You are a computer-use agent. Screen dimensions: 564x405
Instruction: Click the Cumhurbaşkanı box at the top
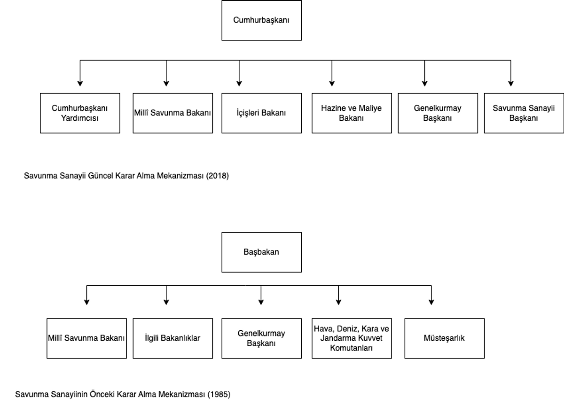tap(261, 20)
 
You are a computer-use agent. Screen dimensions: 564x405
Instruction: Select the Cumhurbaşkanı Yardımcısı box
tap(80, 113)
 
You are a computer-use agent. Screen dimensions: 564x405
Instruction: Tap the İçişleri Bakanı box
tap(261, 113)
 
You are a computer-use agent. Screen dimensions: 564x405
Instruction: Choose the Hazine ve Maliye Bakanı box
tap(352, 113)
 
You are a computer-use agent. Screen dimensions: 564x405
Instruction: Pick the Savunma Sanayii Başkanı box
tap(524, 113)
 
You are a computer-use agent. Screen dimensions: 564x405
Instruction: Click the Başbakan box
tap(261, 252)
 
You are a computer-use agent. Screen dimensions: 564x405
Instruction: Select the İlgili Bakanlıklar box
tap(173, 338)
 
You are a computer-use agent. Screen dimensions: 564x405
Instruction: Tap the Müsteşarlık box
tap(445, 338)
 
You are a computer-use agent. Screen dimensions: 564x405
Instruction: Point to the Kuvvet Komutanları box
tap(352, 338)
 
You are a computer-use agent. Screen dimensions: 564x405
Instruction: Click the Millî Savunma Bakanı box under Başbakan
tap(86, 338)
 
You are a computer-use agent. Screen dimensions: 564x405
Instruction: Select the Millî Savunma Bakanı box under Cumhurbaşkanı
tap(173, 113)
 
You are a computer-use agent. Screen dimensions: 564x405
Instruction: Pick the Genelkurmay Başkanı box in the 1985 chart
tap(261, 338)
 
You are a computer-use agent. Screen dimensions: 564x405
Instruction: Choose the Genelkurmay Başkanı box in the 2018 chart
tap(438, 113)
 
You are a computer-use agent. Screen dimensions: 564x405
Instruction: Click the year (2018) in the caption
tap(217, 176)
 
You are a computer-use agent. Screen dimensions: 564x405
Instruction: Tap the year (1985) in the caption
tap(219, 394)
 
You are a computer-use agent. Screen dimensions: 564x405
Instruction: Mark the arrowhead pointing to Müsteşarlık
tap(431, 302)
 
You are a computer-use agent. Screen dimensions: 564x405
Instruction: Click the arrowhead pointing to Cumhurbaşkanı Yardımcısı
tap(80, 84)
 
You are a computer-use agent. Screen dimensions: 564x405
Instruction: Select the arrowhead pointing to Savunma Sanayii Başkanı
tap(511, 84)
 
